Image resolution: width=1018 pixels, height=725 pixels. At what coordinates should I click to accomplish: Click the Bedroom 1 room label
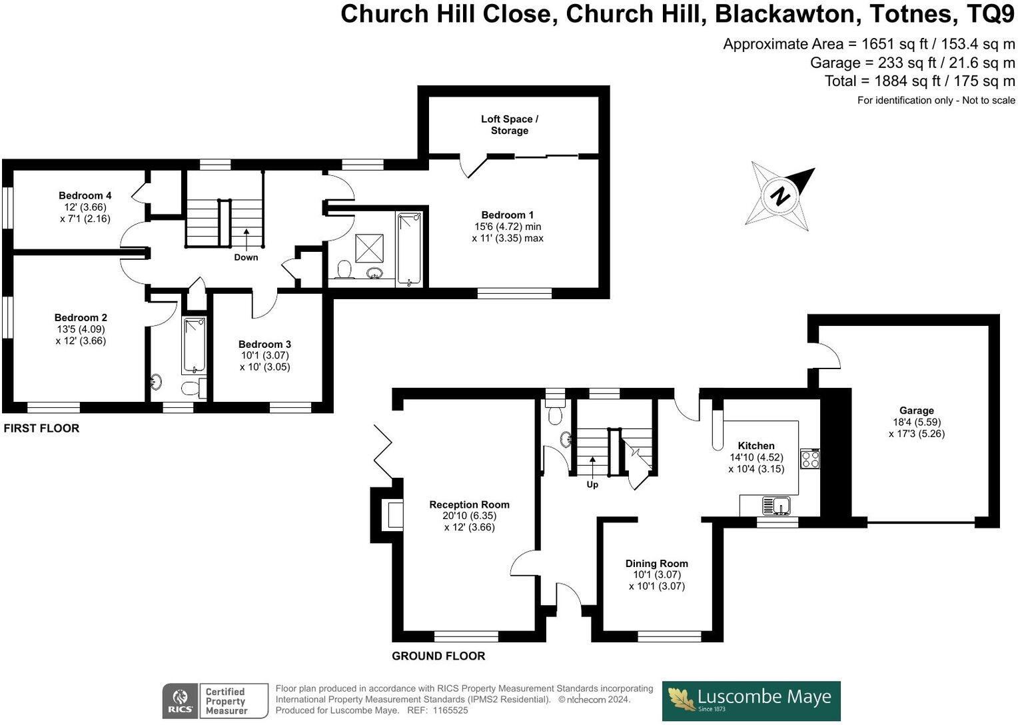(x=508, y=215)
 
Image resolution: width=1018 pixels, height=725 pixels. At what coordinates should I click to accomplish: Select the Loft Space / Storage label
(x=510, y=125)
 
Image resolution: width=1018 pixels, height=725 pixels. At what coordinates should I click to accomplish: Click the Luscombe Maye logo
(x=751, y=700)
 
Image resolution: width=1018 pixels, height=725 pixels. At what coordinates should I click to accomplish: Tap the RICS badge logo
(x=180, y=701)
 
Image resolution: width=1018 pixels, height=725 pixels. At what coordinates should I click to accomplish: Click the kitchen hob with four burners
(x=810, y=459)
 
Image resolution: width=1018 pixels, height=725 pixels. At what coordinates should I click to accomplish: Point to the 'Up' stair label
(x=592, y=484)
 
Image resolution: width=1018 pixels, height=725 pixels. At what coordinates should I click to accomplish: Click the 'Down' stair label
(x=246, y=257)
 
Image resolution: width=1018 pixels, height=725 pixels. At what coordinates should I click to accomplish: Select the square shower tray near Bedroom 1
(x=368, y=248)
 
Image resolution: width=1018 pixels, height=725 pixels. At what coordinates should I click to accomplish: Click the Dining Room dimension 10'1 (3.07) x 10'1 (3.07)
(x=657, y=580)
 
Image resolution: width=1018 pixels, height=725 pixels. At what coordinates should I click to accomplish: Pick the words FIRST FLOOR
(x=41, y=428)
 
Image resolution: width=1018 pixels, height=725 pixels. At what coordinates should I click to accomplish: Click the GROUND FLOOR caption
(x=438, y=656)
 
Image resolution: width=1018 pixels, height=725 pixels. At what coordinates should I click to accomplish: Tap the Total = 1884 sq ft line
(x=919, y=81)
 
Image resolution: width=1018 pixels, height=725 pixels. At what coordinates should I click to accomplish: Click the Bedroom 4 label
(x=85, y=195)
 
